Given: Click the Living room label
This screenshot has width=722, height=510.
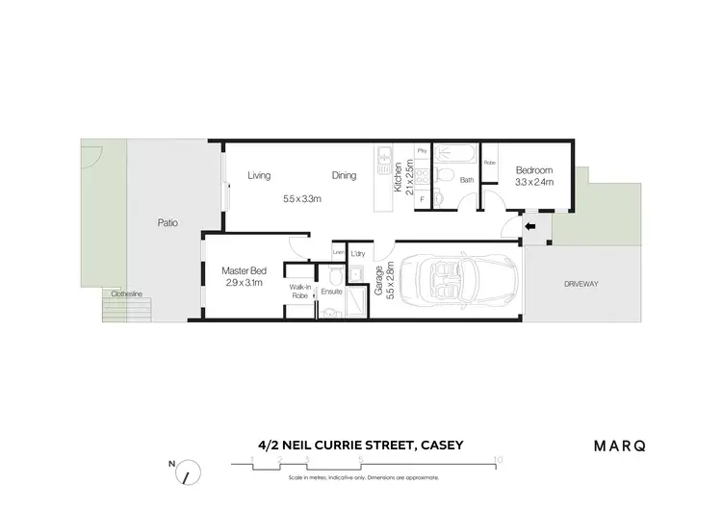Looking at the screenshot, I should pos(259,175).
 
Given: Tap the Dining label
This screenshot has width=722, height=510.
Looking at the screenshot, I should pos(344,175).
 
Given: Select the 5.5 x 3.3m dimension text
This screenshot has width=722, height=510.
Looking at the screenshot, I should pos(301,199).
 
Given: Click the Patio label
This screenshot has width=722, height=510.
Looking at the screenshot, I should pos(168,223).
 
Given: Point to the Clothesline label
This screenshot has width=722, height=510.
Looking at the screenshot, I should pos(126,293).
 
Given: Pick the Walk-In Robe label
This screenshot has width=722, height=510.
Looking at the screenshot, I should pos(298,293).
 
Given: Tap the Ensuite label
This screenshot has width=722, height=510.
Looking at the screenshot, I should pos(332,291).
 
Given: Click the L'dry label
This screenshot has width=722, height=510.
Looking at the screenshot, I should pos(357,253).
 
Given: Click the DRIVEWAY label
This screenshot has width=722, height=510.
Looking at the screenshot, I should pos(582,285).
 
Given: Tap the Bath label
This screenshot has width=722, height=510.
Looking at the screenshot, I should pos(467,180).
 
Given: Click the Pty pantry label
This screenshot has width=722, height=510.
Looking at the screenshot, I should pos(422,151).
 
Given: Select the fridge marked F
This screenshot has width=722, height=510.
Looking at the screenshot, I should pos(422,199).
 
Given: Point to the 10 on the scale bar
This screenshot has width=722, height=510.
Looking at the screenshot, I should pos(497,459).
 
